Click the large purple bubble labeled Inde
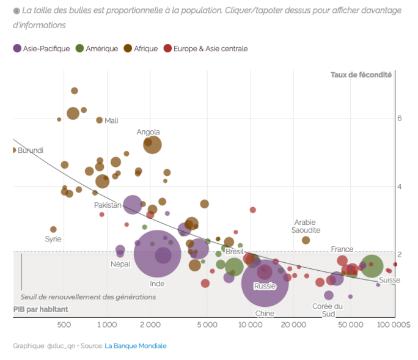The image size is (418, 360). click(x=158, y=255)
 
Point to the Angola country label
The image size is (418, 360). click(x=148, y=131)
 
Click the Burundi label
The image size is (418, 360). click(x=31, y=150)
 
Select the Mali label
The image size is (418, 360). click(x=111, y=120)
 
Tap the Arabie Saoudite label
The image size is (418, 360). click(x=305, y=226)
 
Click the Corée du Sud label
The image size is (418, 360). click(x=327, y=310)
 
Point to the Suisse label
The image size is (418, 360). click(x=389, y=280)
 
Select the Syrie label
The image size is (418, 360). click(x=53, y=239)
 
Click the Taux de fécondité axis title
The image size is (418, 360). click(x=361, y=75)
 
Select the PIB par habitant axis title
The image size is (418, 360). click(x=40, y=309)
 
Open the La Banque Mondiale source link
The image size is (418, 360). click(x=135, y=345)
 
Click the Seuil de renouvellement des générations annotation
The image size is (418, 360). click(x=88, y=296)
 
